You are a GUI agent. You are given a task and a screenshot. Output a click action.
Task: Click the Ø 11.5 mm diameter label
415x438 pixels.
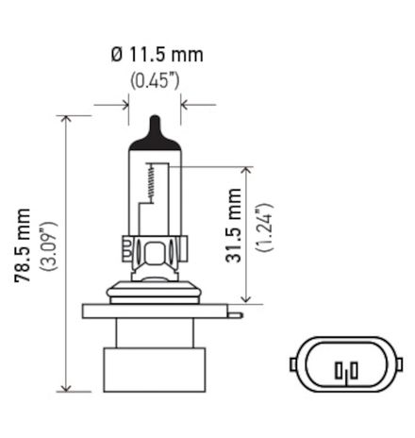[x=156, y=55]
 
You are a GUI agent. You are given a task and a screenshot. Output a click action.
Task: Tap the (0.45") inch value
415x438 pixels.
[x=155, y=80]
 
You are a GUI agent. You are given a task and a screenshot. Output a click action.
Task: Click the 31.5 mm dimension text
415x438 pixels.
[x=235, y=226]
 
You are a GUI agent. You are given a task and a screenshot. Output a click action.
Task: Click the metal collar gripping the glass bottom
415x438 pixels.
[x=153, y=254]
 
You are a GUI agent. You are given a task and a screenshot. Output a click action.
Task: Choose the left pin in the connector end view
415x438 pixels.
[x=336, y=367]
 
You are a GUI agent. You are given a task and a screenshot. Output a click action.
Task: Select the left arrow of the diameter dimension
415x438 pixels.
[x=124, y=104]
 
